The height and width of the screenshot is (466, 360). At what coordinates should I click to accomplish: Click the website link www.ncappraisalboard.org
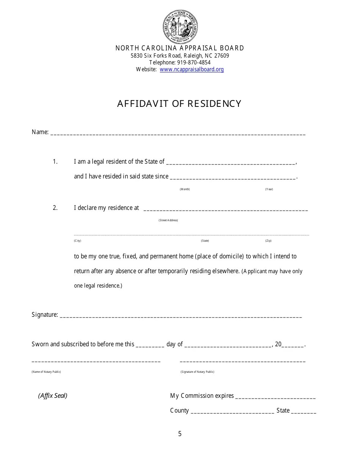tap(192, 69)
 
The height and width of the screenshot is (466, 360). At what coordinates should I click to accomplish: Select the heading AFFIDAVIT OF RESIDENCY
tap(179, 104)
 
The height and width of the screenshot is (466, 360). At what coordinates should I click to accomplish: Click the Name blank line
tap(178, 133)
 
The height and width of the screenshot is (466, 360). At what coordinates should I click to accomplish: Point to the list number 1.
tap(55, 162)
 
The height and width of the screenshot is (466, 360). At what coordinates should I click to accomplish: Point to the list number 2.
tap(55, 208)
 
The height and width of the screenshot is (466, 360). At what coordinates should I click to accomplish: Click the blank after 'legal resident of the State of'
tap(230, 163)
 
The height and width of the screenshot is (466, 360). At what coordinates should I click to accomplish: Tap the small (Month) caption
tap(185, 189)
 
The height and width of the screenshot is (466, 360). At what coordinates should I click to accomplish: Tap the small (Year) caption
tap(269, 189)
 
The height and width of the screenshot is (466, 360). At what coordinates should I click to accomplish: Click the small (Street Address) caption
tap(168, 220)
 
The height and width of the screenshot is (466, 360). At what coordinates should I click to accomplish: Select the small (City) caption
tap(77, 241)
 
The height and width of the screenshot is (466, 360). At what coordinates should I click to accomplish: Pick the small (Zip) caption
tap(268, 241)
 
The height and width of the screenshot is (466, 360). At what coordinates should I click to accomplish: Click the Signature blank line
tap(181, 316)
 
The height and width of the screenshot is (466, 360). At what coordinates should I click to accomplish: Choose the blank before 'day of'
tap(150, 346)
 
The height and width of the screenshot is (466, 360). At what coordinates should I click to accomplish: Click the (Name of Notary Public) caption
tap(46, 372)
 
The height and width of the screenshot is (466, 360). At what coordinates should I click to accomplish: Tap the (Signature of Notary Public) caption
tap(197, 372)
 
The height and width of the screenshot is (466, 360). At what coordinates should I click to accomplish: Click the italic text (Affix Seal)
tap(53, 396)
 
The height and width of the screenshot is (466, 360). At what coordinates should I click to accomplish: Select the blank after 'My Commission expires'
tap(275, 397)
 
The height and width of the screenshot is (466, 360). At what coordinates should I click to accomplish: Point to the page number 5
tap(180, 434)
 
